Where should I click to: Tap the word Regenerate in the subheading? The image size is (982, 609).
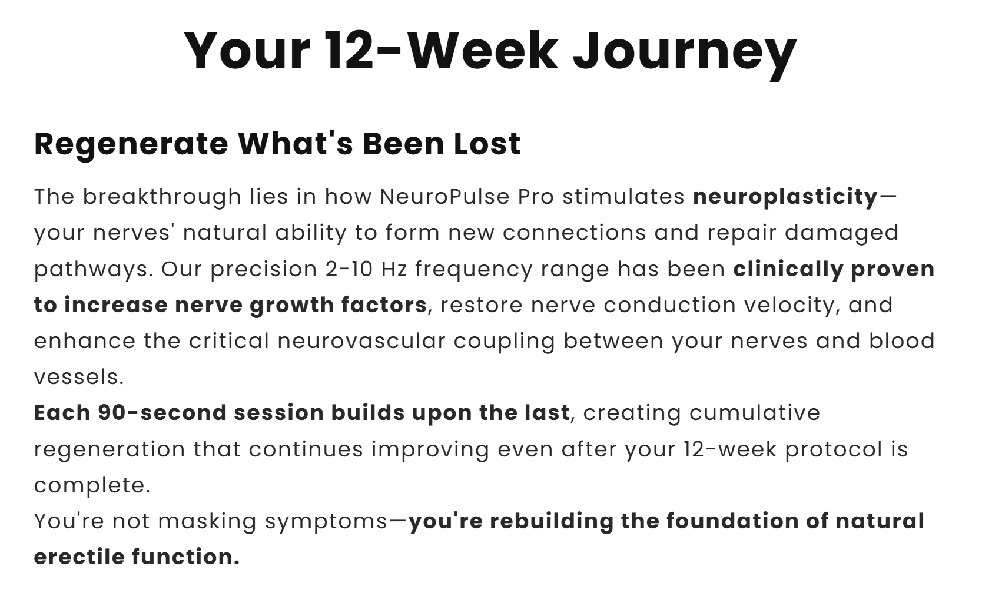131,144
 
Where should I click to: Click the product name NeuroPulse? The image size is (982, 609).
444,197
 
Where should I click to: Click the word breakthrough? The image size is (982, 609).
162,197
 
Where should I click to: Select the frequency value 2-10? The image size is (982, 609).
349,269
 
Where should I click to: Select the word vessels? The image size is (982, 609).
79,378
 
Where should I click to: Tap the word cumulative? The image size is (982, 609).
755,413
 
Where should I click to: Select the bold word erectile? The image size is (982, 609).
79,557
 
